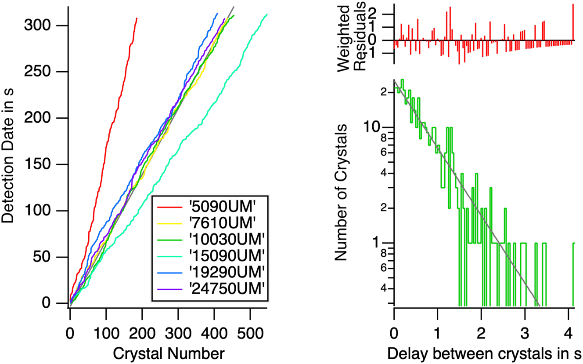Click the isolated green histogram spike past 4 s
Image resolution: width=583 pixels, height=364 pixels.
coord(573,273)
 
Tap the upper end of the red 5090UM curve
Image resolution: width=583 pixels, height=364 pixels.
coord(137,18)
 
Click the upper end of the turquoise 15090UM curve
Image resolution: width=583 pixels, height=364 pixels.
coord(267,15)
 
